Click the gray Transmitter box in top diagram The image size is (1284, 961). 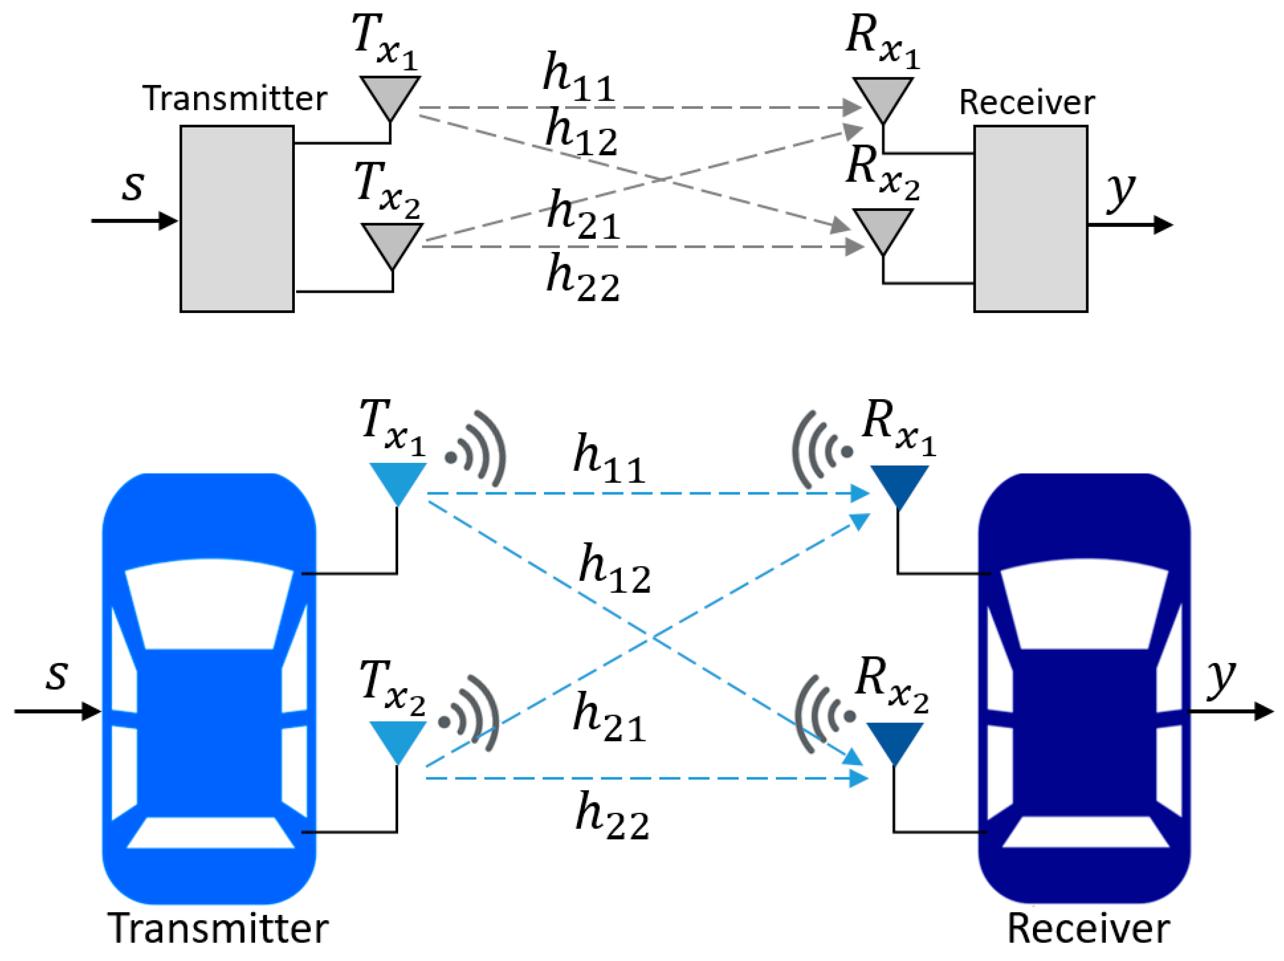point(237,219)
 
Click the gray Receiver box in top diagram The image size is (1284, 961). point(1030,219)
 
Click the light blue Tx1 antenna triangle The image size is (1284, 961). point(398,479)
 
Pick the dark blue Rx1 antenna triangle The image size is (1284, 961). point(898,483)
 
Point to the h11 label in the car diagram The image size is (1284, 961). point(608,459)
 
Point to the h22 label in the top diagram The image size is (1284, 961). point(582,278)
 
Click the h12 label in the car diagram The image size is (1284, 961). point(614,569)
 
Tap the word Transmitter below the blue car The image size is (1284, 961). point(218,929)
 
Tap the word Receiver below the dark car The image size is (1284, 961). point(1089,929)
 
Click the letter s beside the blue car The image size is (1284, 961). point(57,675)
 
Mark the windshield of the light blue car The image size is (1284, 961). point(209,604)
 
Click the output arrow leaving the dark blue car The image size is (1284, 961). point(1237,711)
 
